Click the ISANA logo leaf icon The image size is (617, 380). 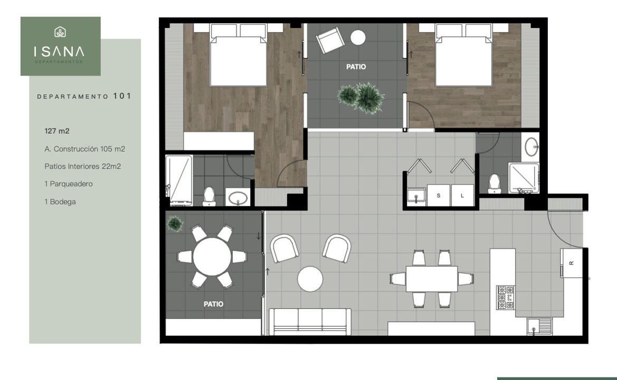coord(60,32)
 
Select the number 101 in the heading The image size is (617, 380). coord(122,96)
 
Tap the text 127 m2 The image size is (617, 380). coord(57,131)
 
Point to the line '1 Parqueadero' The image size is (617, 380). coord(69,184)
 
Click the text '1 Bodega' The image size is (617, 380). coord(60,202)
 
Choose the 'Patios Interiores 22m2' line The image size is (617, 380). coord(83,166)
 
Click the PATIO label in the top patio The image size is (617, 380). coord(356,67)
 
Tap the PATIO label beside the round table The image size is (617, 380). coord(213,304)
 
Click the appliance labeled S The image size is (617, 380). coord(439,195)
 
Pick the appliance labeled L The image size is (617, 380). coord(462,195)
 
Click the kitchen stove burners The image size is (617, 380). coord(506,297)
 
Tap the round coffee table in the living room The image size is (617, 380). coord(310,279)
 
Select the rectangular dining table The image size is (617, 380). coord(432,279)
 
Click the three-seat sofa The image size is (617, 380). coord(310,321)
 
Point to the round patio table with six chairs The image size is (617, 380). coord(212,257)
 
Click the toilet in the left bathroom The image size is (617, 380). coord(209,197)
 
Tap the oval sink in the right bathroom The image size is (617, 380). coord(531,147)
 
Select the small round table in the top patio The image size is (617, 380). coord(358,38)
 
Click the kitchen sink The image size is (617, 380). coord(539,326)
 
